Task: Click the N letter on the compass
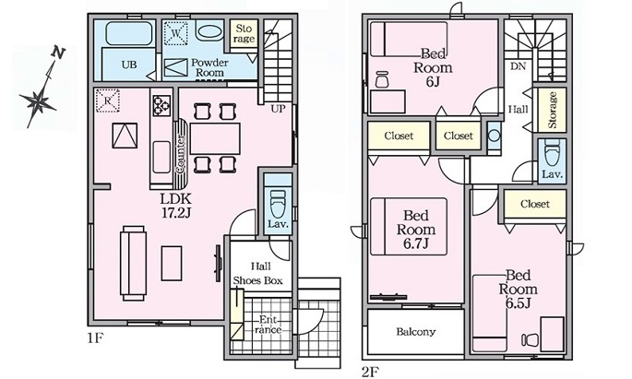coord(58,53)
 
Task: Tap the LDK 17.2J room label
coord(175,206)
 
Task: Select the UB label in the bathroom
coord(129,65)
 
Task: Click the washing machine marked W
coord(176,33)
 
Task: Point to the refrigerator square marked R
coord(108,101)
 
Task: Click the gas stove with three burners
coord(161,105)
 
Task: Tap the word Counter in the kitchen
coord(181,154)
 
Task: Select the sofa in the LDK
coord(133,264)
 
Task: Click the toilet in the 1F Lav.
coord(278,204)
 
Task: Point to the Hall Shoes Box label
coord(258,274)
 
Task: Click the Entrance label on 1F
coord(268,325)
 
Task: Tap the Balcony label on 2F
coord(415,332)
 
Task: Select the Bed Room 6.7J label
coord(416,230)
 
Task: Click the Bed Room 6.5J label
coord(518,290)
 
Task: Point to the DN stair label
coord(518,66)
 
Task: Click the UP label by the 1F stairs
coord(278,109)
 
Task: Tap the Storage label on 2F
coord(553,110)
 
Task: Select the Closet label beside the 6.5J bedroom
coord(535,204)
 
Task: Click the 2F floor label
coord(370,371)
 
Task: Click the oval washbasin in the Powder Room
coord(209,32)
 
